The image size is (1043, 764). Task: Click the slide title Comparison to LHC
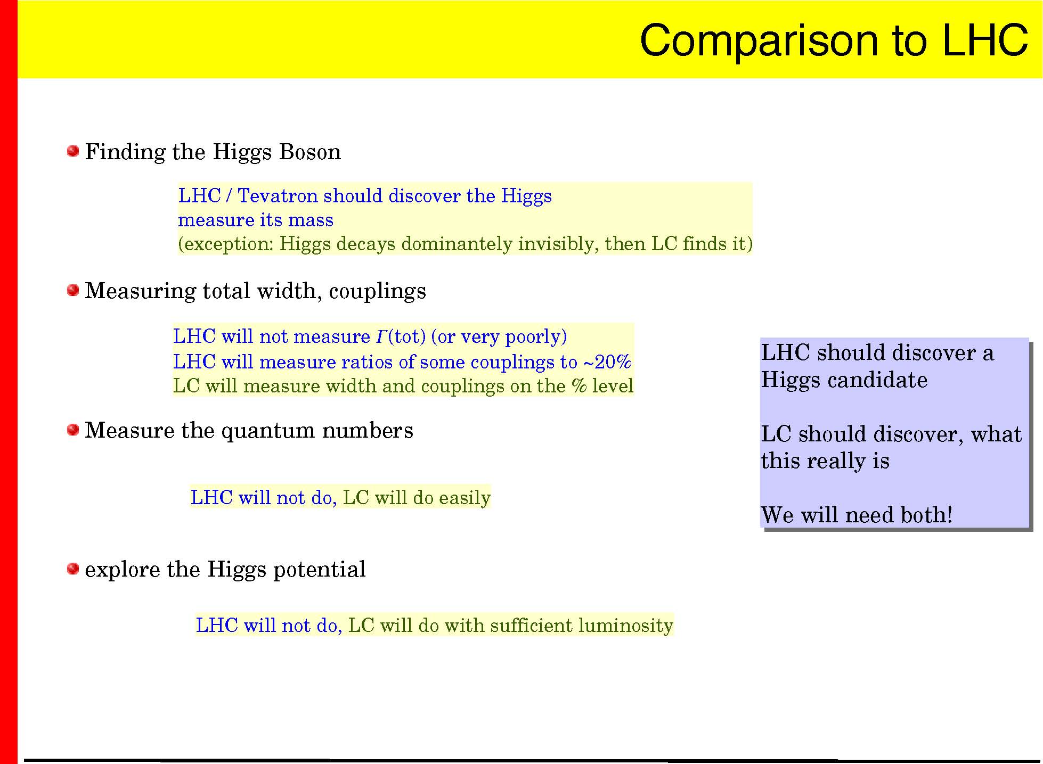[834, 40]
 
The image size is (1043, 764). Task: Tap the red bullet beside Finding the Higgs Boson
[73, 151]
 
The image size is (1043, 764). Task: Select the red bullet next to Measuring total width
[73, 290]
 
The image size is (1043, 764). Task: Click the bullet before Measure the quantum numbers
[73, 430]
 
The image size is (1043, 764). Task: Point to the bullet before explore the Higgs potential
[73, 569]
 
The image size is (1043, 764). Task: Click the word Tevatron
[278, 196]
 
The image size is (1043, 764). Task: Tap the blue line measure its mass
[256, 220]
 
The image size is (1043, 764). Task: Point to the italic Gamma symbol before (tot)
[381, 336]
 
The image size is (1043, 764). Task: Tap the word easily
[466, 498]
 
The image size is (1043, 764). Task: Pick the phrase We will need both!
[857, 515]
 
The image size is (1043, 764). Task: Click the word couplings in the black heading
[378, 292]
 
